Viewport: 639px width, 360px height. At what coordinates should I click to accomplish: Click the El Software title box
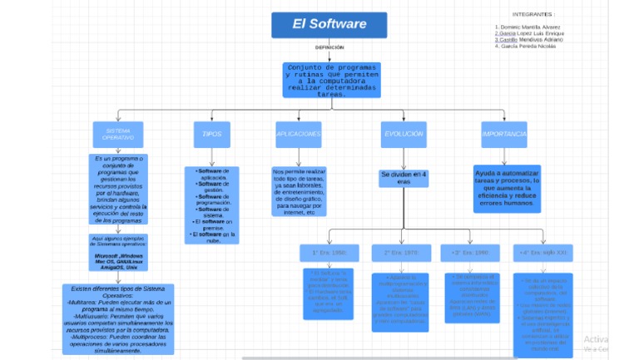(329, 25)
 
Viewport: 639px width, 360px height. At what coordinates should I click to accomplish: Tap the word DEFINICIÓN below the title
(329, 47)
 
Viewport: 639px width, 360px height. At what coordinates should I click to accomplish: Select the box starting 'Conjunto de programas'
(330, 80)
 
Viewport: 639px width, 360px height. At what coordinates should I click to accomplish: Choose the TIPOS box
(211, 134)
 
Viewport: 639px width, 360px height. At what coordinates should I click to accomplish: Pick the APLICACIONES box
(299, 134)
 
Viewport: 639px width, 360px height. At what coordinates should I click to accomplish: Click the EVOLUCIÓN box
(404, 134)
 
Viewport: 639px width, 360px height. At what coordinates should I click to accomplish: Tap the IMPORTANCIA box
(504, 134)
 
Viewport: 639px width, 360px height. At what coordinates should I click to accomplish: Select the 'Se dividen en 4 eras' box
(404, 178)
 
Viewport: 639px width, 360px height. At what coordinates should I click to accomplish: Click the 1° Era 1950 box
(329, 251)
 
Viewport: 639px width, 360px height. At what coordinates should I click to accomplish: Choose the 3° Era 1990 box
(470, 251)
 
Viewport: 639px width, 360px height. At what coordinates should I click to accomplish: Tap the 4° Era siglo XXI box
(542, 251)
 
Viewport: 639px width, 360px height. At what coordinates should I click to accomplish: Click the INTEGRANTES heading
(533, 15)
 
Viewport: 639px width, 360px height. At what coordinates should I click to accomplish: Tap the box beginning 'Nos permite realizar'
(299, 192)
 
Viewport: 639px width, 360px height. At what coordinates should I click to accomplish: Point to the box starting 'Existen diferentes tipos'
(118, 319)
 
